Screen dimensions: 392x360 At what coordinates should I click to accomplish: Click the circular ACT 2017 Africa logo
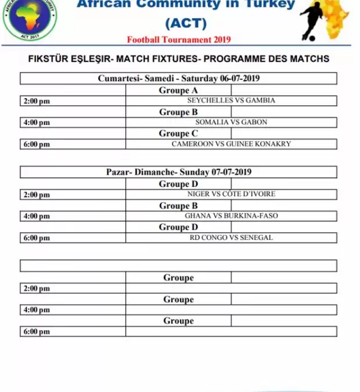30,19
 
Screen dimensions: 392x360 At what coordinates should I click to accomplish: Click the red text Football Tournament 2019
179,39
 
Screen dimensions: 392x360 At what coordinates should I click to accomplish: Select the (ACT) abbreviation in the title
186,23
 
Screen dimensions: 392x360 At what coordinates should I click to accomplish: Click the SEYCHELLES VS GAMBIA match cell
231,100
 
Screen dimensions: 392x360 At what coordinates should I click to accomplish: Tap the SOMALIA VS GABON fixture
231,122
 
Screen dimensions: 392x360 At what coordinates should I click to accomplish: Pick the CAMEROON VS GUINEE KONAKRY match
231,143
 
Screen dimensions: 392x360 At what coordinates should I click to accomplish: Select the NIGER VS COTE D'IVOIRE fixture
231,194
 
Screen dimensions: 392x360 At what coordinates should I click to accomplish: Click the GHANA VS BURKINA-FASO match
231,215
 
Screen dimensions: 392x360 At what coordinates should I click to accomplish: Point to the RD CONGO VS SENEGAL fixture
231,238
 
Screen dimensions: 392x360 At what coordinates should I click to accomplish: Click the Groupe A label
178,90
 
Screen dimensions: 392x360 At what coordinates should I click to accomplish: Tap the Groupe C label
178,133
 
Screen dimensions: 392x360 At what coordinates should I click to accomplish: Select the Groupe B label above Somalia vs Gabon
178,112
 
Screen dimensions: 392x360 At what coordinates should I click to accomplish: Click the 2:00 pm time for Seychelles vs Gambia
37,101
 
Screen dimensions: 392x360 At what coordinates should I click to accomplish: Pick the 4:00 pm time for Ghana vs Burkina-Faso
37,216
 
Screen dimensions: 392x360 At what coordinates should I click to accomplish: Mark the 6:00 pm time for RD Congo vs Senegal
37,238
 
